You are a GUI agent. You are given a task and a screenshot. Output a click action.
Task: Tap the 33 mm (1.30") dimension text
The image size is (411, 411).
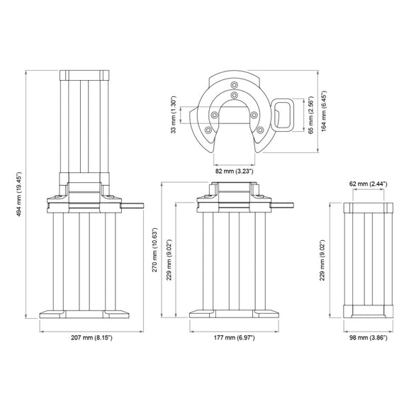(x=175, y=116)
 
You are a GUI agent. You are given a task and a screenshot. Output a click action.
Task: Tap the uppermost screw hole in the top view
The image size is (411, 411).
(x=234, y=94)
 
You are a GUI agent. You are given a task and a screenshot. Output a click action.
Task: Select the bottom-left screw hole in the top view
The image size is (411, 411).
(x=207, y=130)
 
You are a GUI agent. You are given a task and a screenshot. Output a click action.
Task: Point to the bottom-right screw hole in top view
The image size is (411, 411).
(x=260, y=130)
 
